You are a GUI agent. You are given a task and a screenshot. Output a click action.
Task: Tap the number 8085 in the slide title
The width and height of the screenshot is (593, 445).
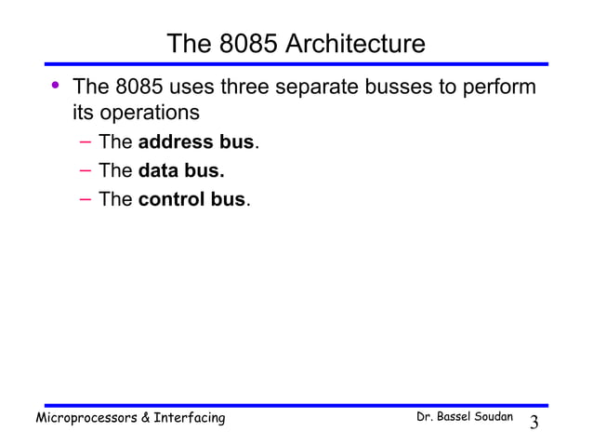click(243, 45)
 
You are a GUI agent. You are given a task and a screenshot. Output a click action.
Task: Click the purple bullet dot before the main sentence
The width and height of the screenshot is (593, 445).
click(55, 87)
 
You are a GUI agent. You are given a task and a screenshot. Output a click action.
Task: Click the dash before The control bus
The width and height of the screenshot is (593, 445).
click(85, 199)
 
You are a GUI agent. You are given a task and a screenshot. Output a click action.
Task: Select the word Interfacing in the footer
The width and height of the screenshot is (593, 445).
click(190, 418)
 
